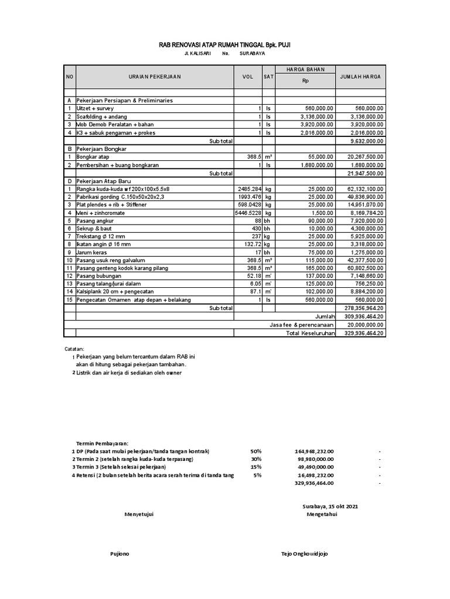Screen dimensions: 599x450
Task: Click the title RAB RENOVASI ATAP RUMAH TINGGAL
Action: (225, 44)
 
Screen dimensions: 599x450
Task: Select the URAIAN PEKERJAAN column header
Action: (155, 77)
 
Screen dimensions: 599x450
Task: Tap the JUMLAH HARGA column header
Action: (360, 77)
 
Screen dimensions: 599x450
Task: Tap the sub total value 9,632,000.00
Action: (366, 141)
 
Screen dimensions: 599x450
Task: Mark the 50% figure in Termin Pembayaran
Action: (255, 451)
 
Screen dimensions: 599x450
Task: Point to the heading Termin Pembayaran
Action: (103, 443)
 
